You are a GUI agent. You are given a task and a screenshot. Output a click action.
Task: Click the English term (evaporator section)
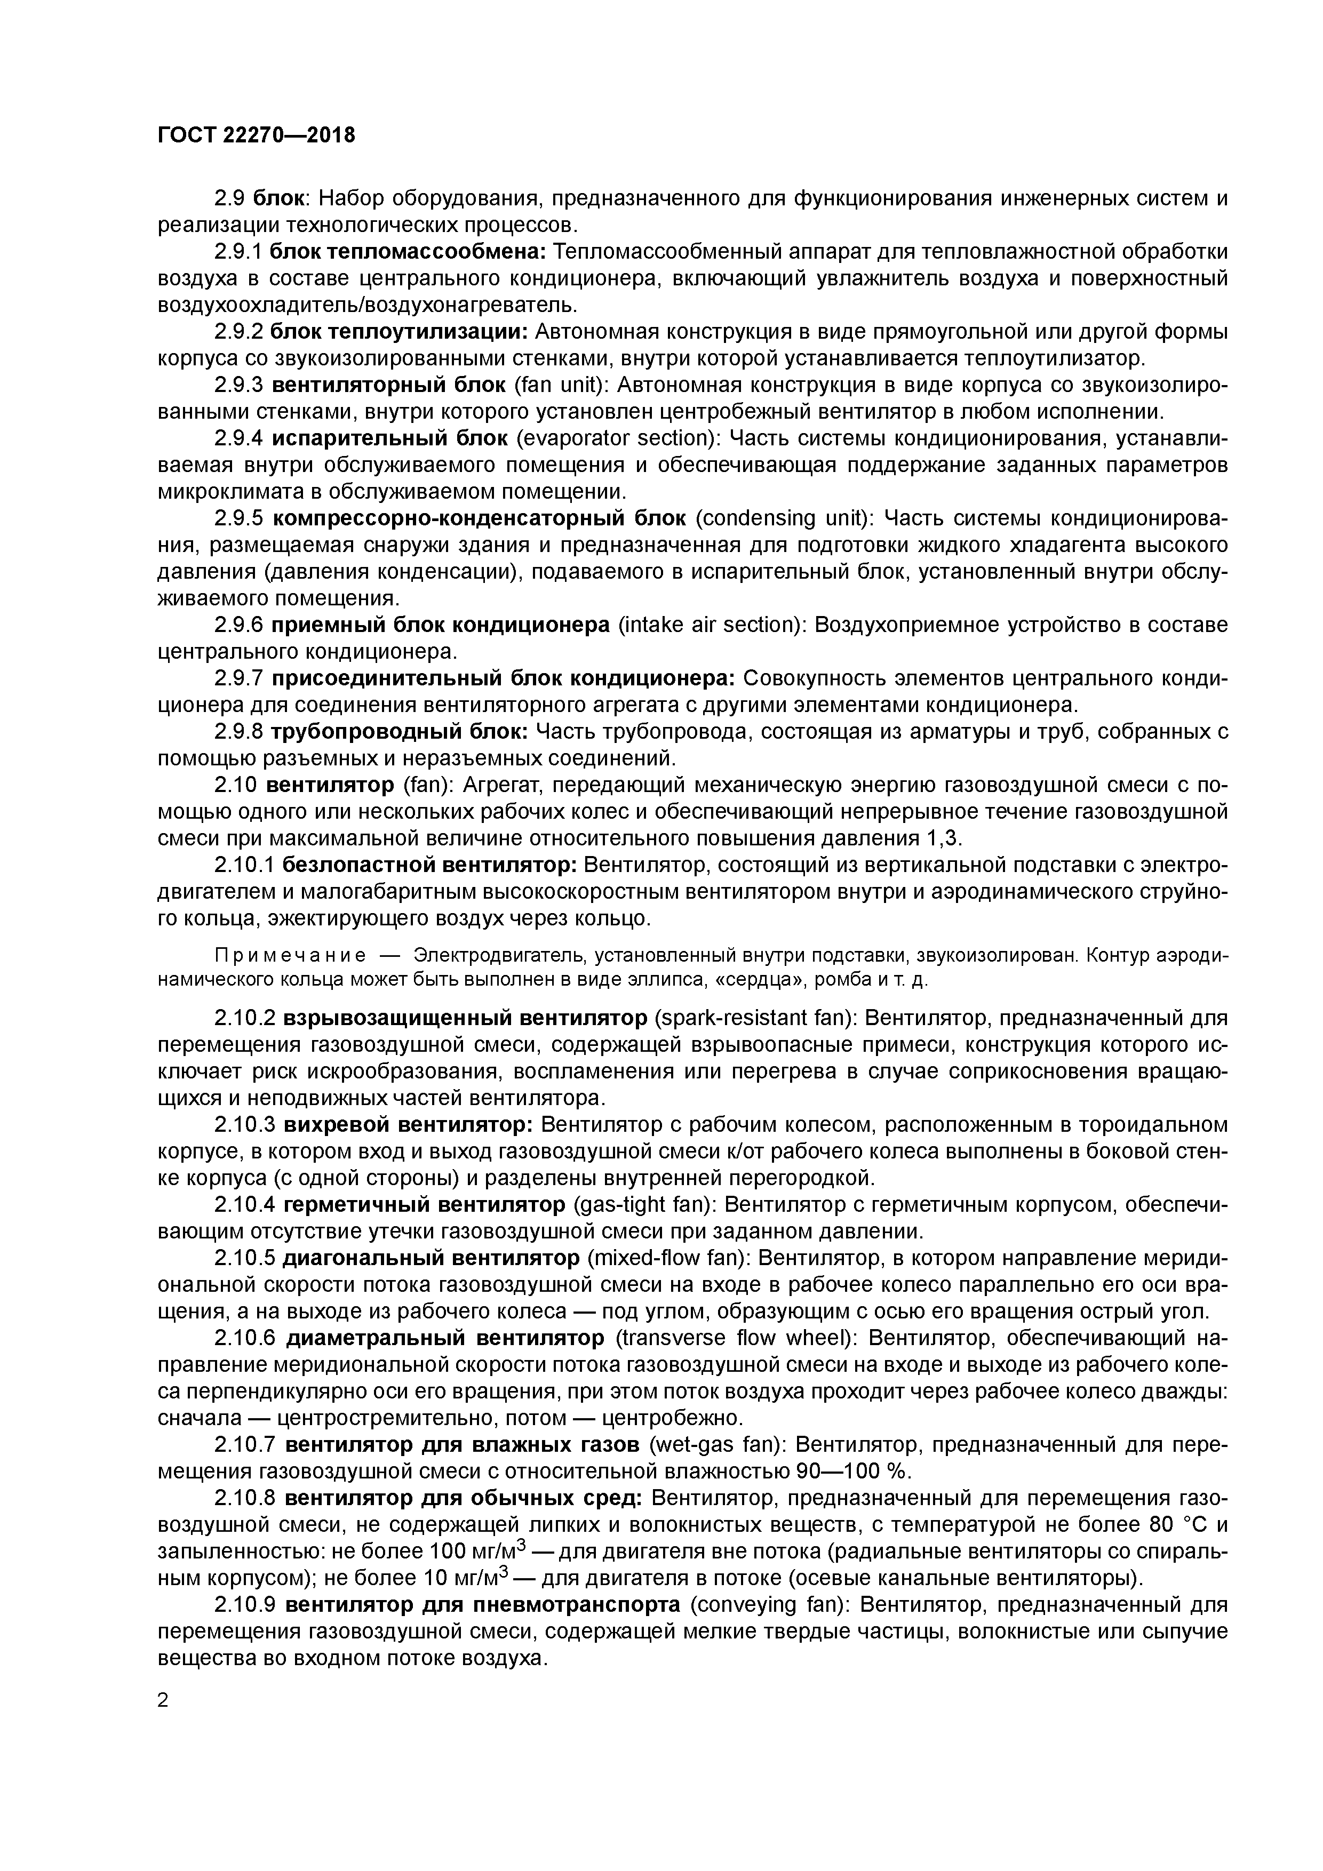pos(619,438)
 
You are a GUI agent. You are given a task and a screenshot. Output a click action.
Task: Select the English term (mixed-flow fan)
pos(667,1259)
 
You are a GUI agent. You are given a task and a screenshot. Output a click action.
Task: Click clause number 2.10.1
pos(244,866)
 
